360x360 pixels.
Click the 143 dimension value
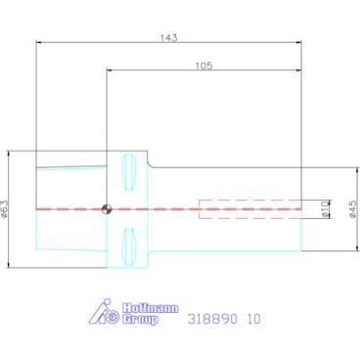(x=168, y=38)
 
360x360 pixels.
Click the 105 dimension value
(x=203, y=66)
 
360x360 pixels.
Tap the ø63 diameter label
(x=5, y=208)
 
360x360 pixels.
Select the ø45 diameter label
(x=353, y=209)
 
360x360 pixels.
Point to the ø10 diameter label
(x=324, y=209)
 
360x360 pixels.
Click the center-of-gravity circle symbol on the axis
(x=107, y=208)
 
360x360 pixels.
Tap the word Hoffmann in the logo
(x=151, y=308)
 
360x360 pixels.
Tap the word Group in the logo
(x=139, y=319)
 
